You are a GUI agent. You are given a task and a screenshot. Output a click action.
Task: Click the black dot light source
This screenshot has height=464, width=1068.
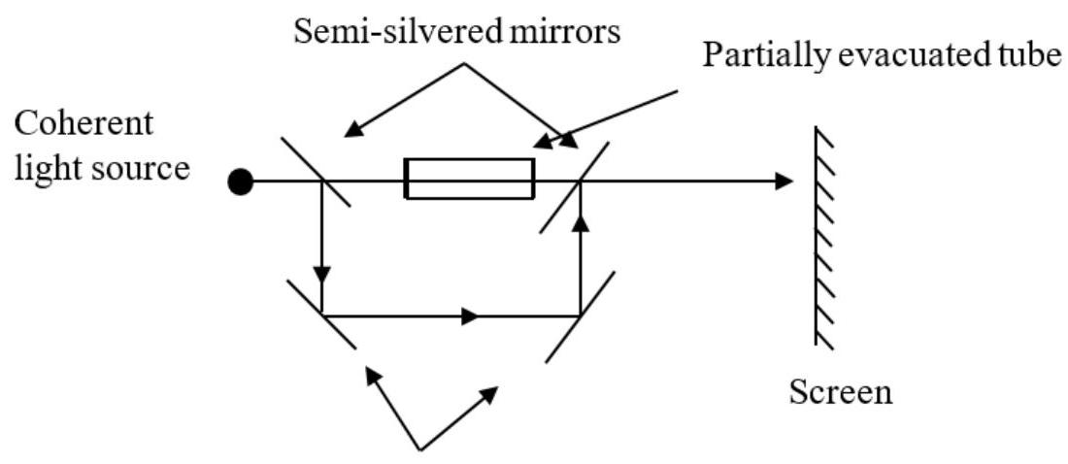click(241, 182)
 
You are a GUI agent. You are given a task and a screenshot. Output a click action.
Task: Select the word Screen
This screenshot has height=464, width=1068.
click(841, 393)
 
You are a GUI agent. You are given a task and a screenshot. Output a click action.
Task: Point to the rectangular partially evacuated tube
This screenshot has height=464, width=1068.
click(469, 179)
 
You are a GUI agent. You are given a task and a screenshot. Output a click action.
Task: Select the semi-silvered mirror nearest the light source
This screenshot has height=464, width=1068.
click(317, 172)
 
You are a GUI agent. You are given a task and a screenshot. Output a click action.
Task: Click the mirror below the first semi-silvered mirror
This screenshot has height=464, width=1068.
click(320, 314)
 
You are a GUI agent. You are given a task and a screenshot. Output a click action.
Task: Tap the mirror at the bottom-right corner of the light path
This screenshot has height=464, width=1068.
click(580, 316)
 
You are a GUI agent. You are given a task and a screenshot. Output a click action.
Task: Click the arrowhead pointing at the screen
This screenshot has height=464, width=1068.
click(784, 182)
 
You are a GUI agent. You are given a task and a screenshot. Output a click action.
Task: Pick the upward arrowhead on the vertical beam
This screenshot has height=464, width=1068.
click(581, 225)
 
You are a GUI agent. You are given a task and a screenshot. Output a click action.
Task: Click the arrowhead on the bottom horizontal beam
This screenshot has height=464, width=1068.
click(471, 316)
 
